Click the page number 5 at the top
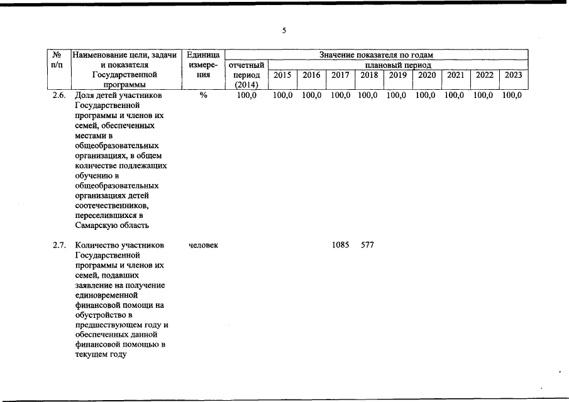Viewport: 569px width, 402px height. [x=284, y=31]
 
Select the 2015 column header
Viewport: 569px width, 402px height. [x=283, y=75]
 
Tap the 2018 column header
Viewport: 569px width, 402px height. [x=369, y=75]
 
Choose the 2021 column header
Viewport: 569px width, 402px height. [x=455, y=75]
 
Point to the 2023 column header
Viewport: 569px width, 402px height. [x=512, y=75]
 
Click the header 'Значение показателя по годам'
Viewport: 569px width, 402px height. [x=376, y=55]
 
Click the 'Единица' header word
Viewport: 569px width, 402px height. [x=202, y=55]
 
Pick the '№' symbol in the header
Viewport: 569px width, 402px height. [x=57, y=55]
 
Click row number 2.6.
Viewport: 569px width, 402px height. [x=59, y=95]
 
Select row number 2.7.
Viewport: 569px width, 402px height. [x=59, y=245]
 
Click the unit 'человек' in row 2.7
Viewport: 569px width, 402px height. [x=203, y=245]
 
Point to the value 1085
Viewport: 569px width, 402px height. [x=340, y=245]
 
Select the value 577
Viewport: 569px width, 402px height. [x=367, y=245]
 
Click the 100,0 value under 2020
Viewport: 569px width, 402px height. [x=426, y=95]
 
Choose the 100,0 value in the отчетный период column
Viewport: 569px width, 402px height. [x=246, y=95]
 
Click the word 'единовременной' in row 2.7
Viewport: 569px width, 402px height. [x=105, y=295]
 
